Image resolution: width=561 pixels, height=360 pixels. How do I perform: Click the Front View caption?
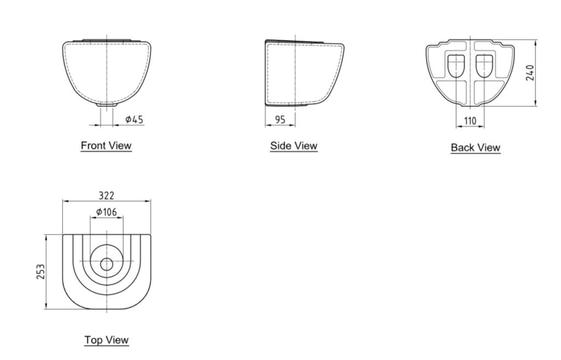coord(106,146)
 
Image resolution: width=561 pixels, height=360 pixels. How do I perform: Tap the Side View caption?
coord(294,146)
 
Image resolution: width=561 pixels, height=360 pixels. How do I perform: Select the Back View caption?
coord(476,147)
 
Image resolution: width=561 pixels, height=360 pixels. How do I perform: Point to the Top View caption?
coord(107,340)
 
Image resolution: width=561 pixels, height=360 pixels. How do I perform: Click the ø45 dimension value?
coord(135,119)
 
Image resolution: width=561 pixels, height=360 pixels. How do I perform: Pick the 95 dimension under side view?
coord(280,120)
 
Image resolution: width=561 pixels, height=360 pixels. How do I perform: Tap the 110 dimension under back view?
coord(470,121)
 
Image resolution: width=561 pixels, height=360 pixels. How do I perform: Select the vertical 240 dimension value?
coord(530,73)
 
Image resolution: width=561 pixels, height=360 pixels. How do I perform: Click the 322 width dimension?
coord(107,196)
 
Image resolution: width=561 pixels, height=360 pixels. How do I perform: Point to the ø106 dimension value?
coord(107,212)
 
